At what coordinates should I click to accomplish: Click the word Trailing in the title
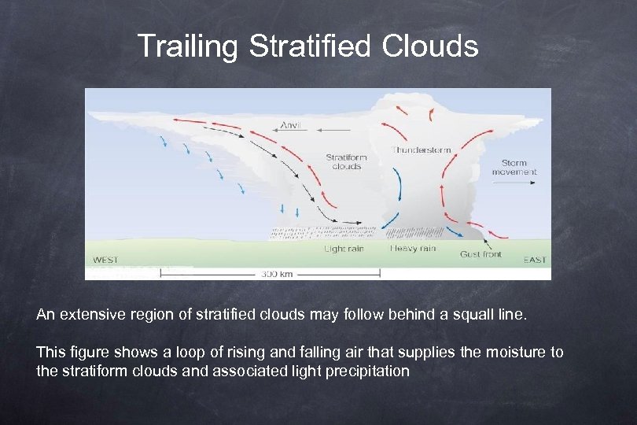tap(187, 46)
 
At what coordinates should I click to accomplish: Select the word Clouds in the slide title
tap(430, 46)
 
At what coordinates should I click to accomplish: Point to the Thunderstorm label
tap(422, 150)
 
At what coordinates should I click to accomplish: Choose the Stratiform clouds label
tap(346, 161)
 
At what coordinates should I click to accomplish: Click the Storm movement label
tap(514, 167)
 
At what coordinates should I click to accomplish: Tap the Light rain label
tap(345, 249)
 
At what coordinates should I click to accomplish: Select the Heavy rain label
tap(413, 249)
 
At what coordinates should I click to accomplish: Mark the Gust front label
tap(481, 253)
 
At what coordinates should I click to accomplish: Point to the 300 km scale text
tap(276, 274)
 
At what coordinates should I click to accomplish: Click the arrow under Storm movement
tap(514, 182)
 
